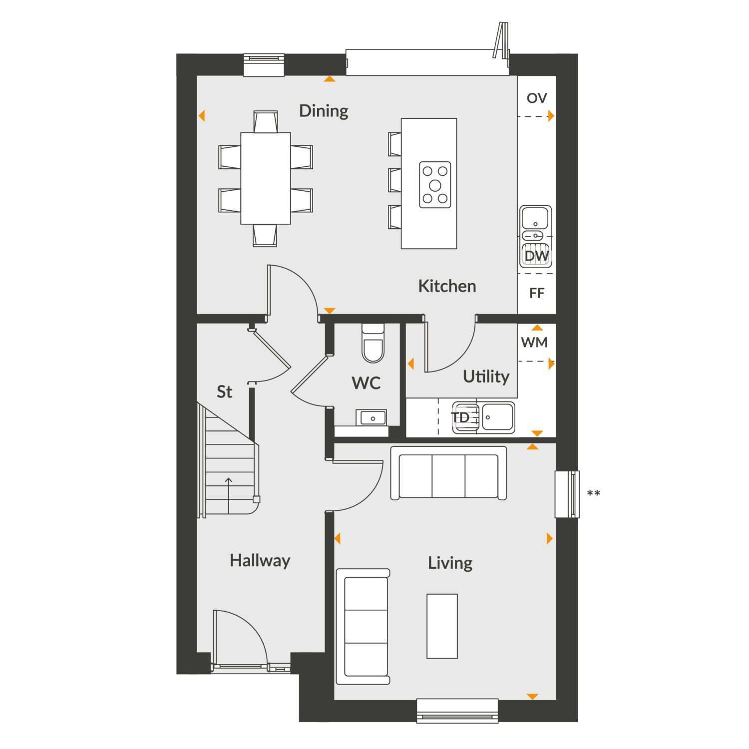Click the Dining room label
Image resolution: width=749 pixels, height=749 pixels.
324,111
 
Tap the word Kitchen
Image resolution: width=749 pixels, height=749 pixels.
447,286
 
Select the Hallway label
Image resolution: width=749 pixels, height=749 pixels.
260,561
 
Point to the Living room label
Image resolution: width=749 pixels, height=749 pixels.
450,563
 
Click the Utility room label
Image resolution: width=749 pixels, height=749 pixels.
486,376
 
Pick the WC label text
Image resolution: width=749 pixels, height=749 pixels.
366,383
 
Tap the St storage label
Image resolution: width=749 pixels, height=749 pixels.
224,392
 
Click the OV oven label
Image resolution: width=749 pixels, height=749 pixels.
537,98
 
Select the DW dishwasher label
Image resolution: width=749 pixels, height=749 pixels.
537,256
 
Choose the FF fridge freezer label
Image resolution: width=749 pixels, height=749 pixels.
536,293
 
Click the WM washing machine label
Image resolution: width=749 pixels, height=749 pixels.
534,343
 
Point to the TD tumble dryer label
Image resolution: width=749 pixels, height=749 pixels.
460,417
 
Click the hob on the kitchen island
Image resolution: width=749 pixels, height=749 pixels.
435,185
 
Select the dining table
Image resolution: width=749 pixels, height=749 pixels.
266,178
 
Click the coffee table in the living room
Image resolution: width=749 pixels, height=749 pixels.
442,626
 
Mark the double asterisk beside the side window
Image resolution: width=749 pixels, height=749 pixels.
593,494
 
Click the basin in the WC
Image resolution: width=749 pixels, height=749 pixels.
372,417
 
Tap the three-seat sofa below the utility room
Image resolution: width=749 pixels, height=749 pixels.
448,473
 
